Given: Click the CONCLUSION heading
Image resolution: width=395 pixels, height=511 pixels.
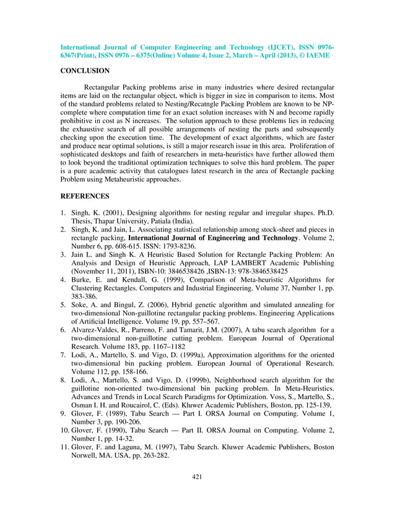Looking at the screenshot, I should tap(84, 72).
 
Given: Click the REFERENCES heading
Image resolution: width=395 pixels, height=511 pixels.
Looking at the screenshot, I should tap(85, 196).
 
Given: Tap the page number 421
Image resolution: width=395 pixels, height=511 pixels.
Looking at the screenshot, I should tap(197, 476).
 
